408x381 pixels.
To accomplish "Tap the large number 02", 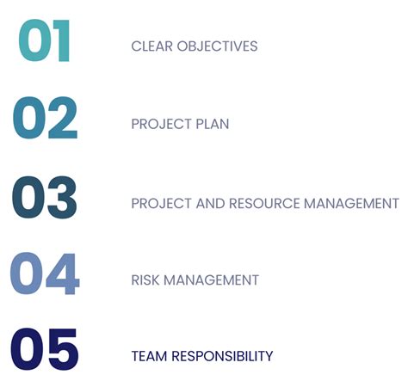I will click(46, 120).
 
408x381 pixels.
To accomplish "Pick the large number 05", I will click(45, 352).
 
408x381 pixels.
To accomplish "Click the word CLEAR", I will click(151, 46).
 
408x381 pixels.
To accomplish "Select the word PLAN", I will click(212, 124).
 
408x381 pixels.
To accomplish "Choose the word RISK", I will click(146, 280).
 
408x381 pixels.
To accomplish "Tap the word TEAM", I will click(147, 356).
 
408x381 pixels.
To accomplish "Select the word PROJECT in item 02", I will click(160, 124).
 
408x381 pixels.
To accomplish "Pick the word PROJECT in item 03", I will click(160, 204).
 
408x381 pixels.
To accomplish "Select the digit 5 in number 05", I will click(63, 352).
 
